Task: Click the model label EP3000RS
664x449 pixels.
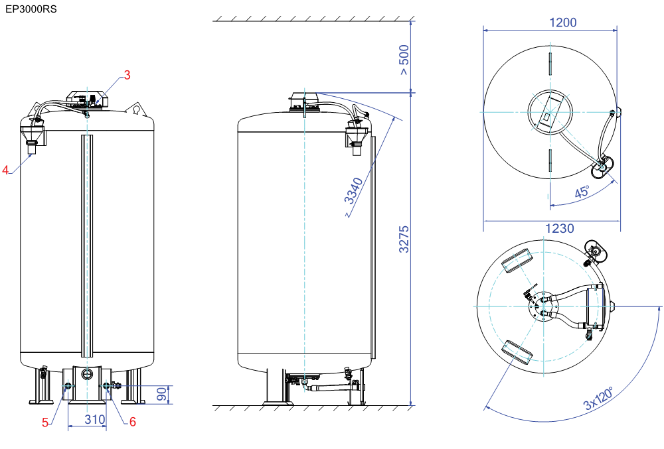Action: point(31,9)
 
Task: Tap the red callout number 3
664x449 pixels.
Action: point(127,75)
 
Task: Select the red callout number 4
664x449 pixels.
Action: point(5,170)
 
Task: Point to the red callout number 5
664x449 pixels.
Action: point(45,422)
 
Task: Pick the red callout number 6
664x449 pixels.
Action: point(133,422)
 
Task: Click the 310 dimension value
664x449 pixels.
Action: point(95,419)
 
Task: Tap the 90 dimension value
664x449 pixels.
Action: point(162,395)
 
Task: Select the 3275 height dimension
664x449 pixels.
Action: point(404,239)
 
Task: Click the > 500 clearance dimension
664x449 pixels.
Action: point(404,60)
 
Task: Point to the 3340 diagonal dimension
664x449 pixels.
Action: point(354,191)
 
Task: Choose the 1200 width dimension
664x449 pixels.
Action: point(563,23)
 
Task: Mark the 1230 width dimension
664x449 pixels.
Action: point(559,228)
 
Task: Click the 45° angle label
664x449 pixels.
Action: point(582,192)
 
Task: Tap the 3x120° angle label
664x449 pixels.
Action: point(599,399)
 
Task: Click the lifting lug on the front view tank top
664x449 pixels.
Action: point(136,109)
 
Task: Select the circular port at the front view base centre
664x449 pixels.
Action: point(87,374)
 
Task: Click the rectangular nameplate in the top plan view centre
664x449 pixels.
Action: point(549,112)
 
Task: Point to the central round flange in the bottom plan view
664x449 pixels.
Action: point(543,307)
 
